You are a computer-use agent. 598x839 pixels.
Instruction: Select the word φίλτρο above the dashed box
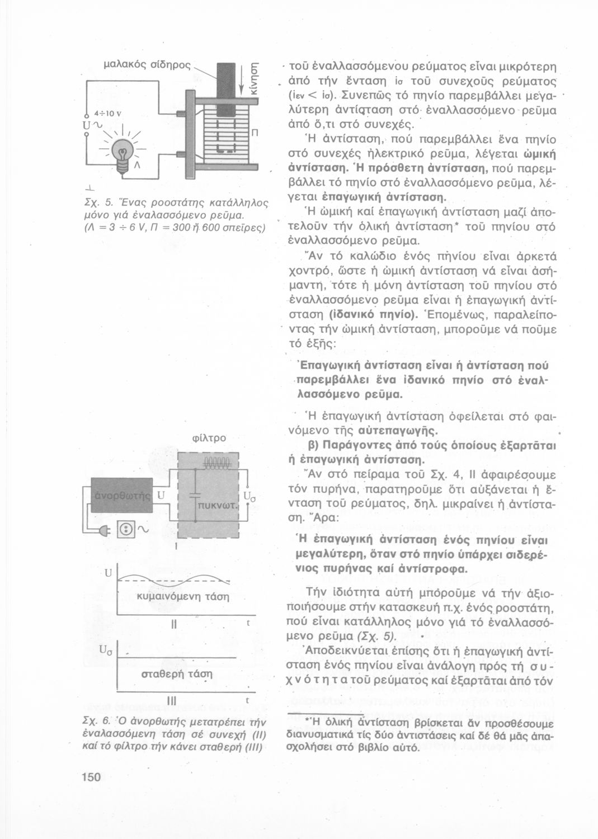click(x=209, y=438)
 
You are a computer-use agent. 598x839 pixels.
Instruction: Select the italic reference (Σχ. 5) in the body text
click(x=376, y=637)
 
